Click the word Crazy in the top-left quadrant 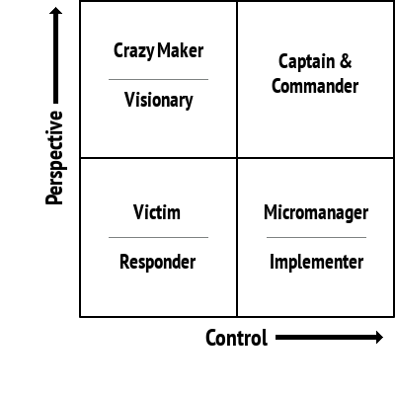coord(134,51)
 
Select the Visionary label coord(158,100)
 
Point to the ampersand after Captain coord(347,62)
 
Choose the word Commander coord(316,86)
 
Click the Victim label coord(158,213)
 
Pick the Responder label coord(158,262)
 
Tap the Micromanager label coord(316,213)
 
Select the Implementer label coord(316,262)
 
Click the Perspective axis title coord(55,158)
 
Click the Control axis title coord(236,339)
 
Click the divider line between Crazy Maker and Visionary coord(158,79)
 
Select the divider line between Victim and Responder coord(158,237)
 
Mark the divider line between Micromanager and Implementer coord(316,237)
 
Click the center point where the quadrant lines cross coord(237,158)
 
